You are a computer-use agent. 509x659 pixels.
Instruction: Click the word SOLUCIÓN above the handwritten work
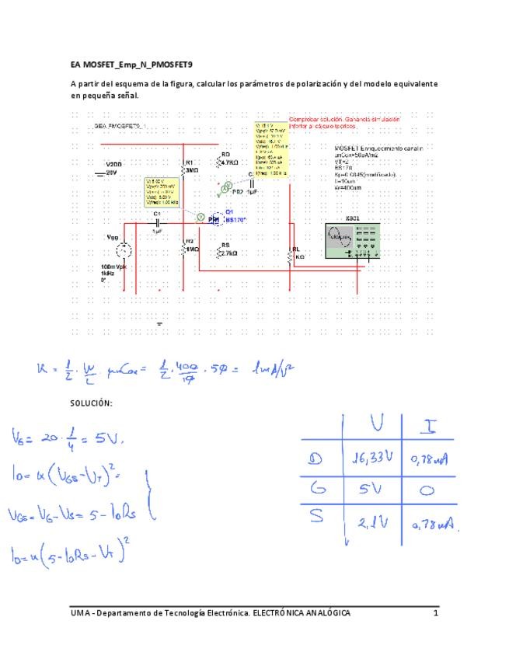pos(92,404)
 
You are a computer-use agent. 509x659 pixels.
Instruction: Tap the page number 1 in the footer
pos(436,613)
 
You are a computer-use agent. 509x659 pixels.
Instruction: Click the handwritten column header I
pos(429,426)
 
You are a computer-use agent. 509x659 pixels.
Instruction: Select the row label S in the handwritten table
pos(316,521)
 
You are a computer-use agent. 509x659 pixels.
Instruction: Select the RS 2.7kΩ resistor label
pos(228,249)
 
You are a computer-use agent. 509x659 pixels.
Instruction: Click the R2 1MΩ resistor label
pos(192,246)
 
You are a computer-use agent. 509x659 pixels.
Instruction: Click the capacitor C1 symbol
pos(158,222)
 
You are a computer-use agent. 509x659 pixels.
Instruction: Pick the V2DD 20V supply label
pos(114,169)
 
